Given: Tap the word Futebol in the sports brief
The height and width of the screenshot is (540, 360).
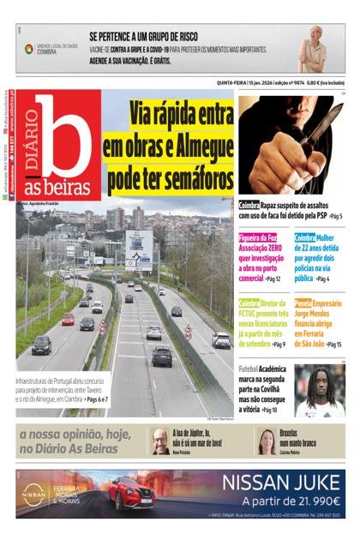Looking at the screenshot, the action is [x=250, y=368].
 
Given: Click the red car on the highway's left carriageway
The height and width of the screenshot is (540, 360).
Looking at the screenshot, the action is [x=68, y=320].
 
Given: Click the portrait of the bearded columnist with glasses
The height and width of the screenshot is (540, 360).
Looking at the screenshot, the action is [x=160, y=441].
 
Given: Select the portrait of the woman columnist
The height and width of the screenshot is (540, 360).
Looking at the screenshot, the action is [x=267, y=441].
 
